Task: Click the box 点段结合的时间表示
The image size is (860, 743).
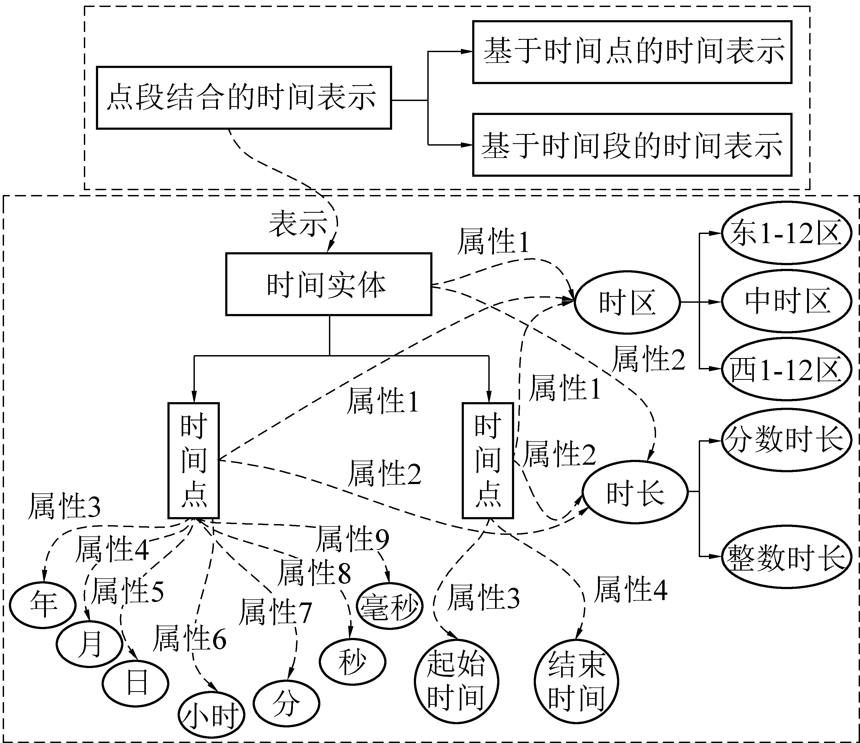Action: coord(244,98)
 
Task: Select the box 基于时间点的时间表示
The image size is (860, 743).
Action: coord(632,52)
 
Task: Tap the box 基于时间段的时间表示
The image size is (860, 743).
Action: coord(632,145)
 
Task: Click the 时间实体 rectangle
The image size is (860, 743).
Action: coord(328,284)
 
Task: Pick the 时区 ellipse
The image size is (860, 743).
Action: coord(627,302)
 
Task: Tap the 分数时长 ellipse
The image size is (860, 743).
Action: coord(785,440)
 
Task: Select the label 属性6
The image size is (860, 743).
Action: coord(189,639)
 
